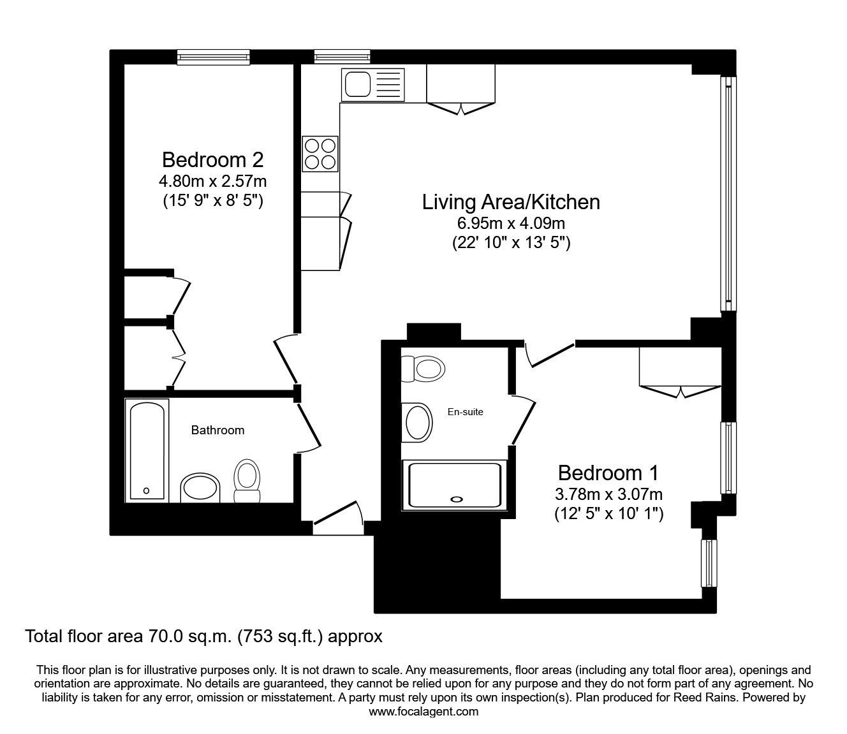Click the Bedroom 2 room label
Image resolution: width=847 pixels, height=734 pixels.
click(212, 160)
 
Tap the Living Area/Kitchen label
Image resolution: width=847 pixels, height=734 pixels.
click(511, 202)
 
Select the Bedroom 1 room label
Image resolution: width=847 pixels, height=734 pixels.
click(608, 473)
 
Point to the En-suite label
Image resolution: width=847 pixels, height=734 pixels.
click(465, 412)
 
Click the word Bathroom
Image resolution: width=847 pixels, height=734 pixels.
click(217, 430)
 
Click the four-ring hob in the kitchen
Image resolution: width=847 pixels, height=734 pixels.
click(320, 154)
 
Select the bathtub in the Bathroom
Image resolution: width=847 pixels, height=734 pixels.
click(147, 451)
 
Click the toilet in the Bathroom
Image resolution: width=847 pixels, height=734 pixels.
click(247, 481)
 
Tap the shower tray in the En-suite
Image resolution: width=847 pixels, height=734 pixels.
click(455, 486)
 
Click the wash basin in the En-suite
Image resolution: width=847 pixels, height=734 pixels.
click(417, 423)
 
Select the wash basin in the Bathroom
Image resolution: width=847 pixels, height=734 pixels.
click(200, 488)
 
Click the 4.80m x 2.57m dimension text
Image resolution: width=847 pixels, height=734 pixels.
click(212, 180)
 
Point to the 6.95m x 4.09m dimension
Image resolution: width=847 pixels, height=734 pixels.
click(511, 223)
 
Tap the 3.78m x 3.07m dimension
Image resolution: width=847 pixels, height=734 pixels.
click(608, 494)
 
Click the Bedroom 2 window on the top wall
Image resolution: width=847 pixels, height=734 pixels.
click(214, 57)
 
